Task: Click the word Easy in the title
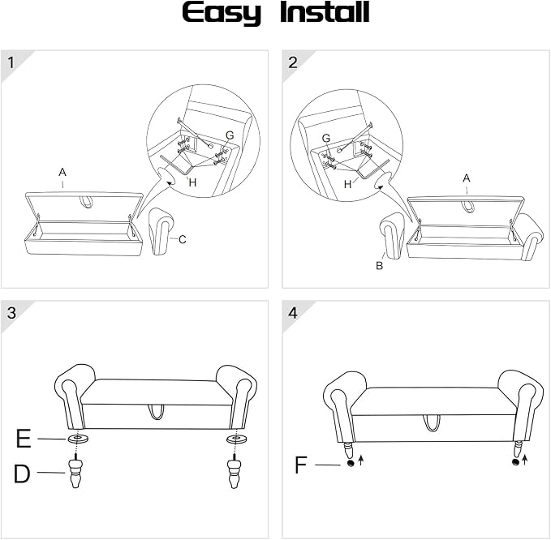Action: coord(222,13)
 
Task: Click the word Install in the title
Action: coord(325,12)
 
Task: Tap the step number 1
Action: coord(11,63)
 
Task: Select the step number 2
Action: coord(293,63)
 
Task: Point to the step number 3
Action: coord(11,312)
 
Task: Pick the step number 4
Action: coord(293,312)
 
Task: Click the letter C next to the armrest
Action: coord(182,239)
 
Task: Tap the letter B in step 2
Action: coord(379,266)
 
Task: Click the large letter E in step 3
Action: coord(24,439)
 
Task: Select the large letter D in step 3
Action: coord(22,474)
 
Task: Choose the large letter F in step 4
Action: coord(301,465)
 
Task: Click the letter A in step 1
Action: coord(62,173)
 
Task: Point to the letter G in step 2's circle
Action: coord(326,139)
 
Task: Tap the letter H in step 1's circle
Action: coord(192,182)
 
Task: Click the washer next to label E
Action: coord(78,439)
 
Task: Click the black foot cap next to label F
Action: coord(350,464)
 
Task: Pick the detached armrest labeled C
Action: coord(161,231)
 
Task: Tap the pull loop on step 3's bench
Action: coord(157,412)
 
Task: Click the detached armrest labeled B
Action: coord(394,236)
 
